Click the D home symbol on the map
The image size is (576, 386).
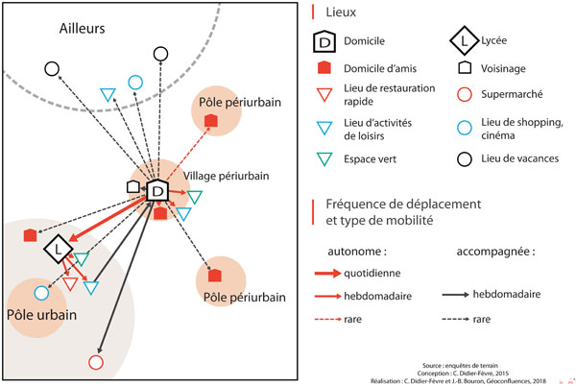coord(158,191)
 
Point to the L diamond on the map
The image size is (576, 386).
coord(60,250)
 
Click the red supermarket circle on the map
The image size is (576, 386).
coord(95,362)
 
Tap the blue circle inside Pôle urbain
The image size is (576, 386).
coord(41,293)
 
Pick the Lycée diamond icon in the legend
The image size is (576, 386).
coord(464,42)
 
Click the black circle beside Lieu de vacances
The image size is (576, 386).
coord(464,157)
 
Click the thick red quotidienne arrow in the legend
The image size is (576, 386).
coord(328,274)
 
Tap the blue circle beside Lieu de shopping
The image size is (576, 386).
coord(464,126)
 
